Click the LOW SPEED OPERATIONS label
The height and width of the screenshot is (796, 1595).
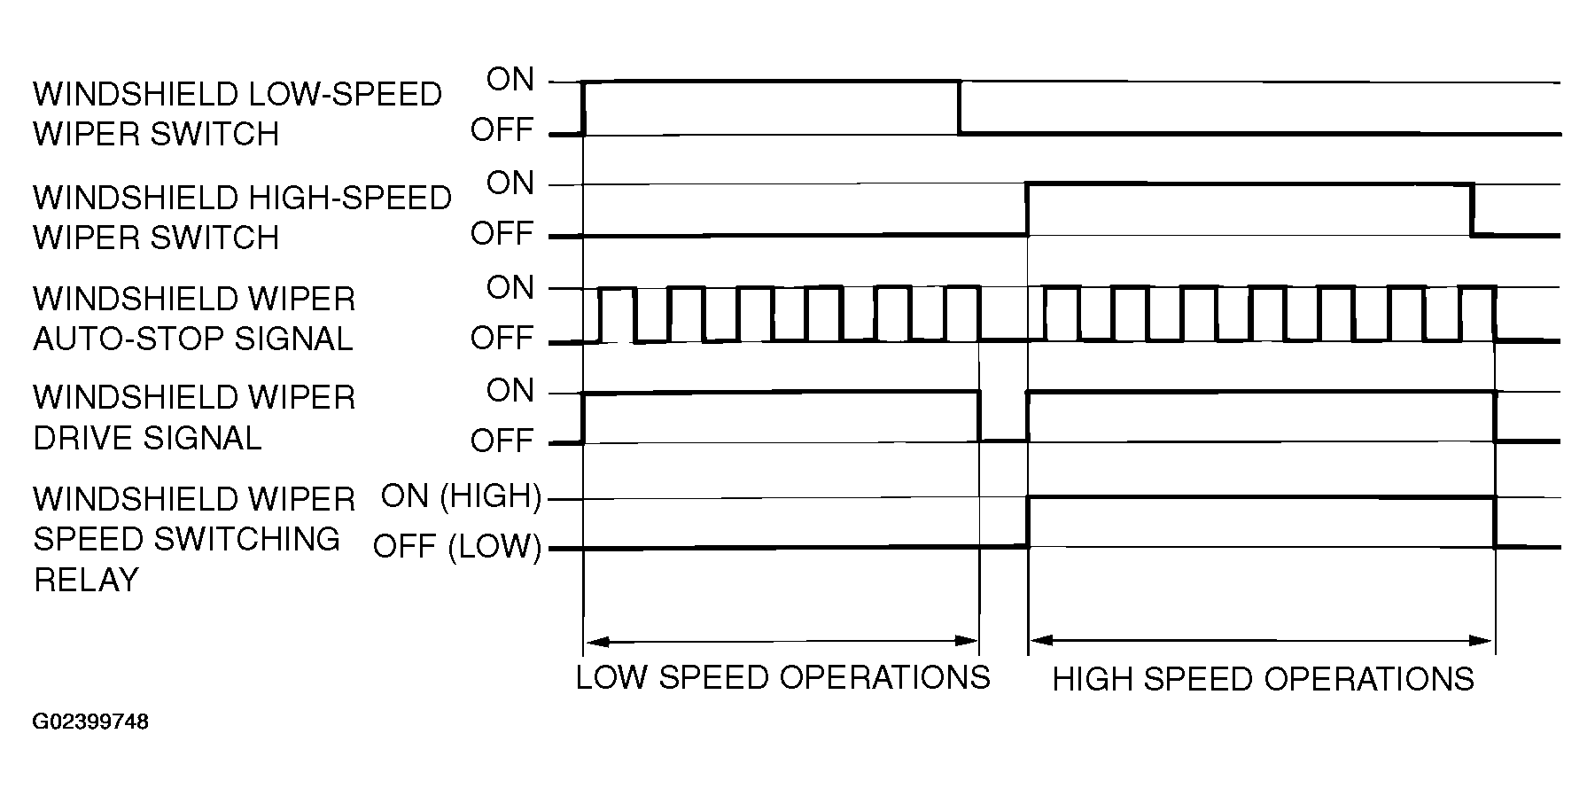[782, 677]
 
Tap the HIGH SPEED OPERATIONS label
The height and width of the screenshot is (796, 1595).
[1263, 679]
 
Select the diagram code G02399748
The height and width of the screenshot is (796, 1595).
[90, 722]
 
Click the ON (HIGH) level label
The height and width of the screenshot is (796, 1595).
[461, 496]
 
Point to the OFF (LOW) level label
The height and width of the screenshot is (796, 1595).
[456, 546]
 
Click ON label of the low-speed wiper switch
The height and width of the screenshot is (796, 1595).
[511, 80]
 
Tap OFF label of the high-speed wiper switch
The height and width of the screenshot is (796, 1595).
[502, 234]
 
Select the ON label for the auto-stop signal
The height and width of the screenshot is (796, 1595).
[511, 288]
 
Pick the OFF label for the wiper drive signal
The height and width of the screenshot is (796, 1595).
[502, 441]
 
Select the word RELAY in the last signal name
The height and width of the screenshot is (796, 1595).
[85, 580]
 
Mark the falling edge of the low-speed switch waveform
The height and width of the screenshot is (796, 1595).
[960, 107]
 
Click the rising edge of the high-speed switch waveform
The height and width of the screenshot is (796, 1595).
[1027, 210]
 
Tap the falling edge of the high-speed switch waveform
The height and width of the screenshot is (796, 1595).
[1472, 210]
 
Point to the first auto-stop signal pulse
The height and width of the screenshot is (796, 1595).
[618, 289]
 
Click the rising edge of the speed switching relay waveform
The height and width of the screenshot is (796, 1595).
[1028, 523]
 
